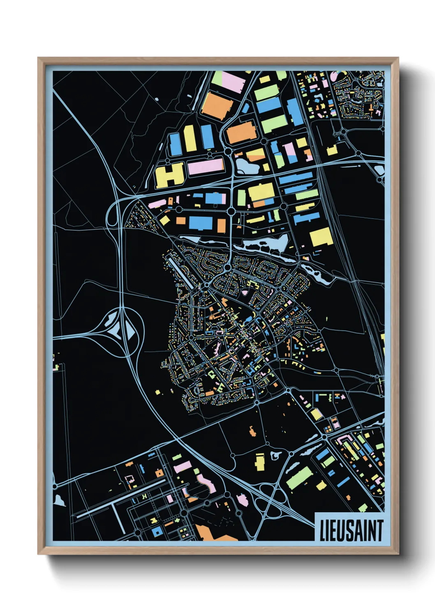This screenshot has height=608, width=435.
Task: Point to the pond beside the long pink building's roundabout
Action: tap(245, 166)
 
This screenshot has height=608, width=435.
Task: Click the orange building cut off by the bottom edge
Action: tap(214, 534)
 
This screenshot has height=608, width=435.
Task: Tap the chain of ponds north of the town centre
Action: tap(263, 244)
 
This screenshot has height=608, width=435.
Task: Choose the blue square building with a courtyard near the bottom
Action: tap(157, 532)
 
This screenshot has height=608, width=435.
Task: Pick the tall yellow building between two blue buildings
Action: tap(190, 138)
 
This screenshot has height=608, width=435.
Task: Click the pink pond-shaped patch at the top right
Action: tap(333, 76)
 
